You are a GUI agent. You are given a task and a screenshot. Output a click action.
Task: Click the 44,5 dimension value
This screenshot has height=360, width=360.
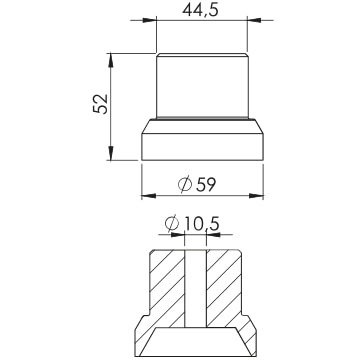[200, 10]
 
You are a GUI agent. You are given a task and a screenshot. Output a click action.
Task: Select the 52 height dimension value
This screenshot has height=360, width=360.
[101, 104]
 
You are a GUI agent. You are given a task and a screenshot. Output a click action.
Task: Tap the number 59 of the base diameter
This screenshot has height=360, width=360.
[206, 184]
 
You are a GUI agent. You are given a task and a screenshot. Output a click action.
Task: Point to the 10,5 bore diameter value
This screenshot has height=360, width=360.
[202, 224]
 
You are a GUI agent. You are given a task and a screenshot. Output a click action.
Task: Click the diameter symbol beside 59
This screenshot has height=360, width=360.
[185, 184]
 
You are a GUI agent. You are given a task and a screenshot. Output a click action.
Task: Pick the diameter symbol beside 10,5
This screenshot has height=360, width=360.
[172, 224]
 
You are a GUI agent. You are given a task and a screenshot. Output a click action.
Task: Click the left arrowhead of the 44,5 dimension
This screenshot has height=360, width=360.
[150, 20]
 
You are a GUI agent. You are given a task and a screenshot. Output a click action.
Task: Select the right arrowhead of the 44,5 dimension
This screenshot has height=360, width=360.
[254, 20]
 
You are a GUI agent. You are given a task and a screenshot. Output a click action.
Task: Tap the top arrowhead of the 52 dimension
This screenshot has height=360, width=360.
[111, 60]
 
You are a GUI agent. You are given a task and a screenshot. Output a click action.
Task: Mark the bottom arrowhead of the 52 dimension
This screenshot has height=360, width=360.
[111, 153]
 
